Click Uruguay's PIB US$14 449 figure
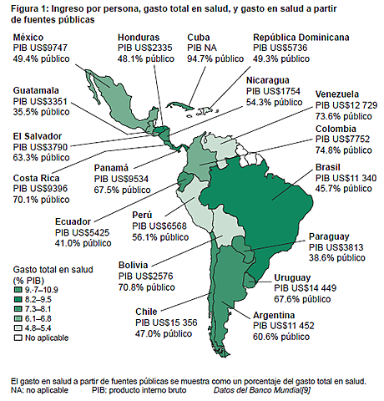(x=306, y=288)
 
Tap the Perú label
(x=144, y=215)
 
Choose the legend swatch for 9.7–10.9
(x=18, y=288)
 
